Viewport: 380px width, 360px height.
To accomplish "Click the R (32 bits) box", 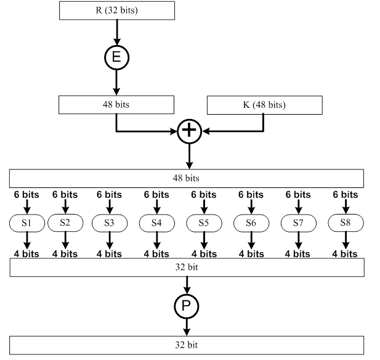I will [x=117, y=10].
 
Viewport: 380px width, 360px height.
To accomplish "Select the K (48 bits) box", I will [x=265, y=104].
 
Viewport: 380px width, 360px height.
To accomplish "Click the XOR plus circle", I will [x=190, y=131].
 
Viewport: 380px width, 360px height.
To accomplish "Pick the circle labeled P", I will [x=187, y=305].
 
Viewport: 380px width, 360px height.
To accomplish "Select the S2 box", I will [x=65, y=223].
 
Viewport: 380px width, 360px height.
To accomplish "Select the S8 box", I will [x=345, y=223].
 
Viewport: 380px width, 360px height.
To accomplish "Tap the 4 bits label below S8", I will [x=345, y=253].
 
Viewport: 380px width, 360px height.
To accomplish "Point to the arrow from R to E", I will [x=117, y=31].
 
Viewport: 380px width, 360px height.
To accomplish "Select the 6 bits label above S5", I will [x=203, y=194].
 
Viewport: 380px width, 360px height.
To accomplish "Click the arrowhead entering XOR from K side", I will [x=207, y=131].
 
